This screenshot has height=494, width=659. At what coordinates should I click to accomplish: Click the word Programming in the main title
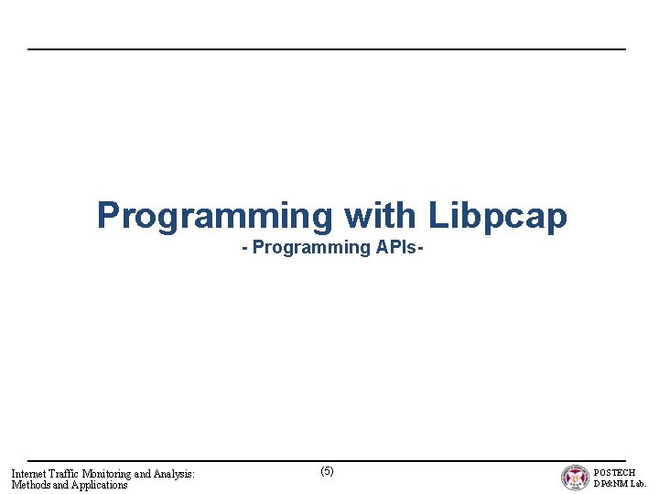tap(216, 216)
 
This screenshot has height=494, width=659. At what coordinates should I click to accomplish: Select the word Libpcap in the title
tap(497, 216)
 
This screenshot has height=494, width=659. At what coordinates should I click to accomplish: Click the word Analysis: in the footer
tap(173, 474)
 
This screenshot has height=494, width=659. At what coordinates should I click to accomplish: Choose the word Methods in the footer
tap(30, 485)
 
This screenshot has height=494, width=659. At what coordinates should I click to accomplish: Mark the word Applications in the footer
tap(100, 485)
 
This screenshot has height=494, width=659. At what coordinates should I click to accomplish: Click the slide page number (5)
tap(327, 471)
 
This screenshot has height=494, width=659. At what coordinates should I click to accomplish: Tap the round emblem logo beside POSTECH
tap(575, 478)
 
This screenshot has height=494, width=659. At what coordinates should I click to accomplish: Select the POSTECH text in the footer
tap(615, 473)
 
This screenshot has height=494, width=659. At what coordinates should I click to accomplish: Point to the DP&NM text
tap(610, 484)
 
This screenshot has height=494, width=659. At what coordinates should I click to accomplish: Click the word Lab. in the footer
tap(638, 484)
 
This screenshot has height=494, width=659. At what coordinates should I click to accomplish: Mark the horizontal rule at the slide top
tap(327, 49)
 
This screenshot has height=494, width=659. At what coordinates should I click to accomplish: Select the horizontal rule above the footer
tap(327, 461)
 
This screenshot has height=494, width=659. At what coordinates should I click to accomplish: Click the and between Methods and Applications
tap(60, 485)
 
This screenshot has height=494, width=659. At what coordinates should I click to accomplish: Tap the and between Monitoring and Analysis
tap(141, 474)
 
